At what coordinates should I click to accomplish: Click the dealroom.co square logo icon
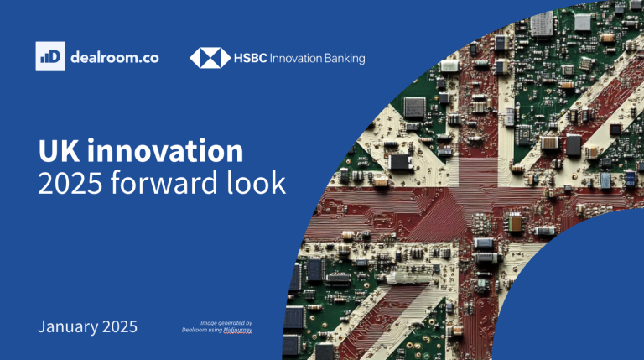click(50, 56)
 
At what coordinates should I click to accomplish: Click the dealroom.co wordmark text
click(115, 57)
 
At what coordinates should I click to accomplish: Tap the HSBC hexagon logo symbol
click(210, 58)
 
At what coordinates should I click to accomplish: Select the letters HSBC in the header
click(251, 58)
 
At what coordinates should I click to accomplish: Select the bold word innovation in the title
click(165, 151)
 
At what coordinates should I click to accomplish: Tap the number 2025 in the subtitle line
click(70, 183)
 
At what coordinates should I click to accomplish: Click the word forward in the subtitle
click(164, 182)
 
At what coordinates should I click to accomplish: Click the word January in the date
click(68, 327)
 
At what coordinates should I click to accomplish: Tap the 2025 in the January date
click(120, 326)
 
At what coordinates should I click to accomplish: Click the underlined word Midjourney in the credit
click(238, 330)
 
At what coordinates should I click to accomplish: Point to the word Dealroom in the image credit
click(195, 330)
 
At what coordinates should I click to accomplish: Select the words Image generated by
click(226, 323)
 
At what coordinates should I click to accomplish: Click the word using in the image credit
click(216, 330)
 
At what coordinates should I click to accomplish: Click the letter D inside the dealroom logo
click(55, 56)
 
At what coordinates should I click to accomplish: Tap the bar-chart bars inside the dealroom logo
click(44, 59)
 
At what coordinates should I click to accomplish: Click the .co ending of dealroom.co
click(148, 58)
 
